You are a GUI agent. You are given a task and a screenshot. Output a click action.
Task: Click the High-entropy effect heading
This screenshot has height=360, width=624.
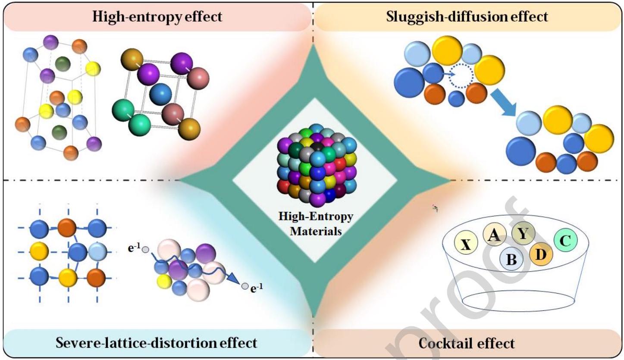click(x=157, y=17)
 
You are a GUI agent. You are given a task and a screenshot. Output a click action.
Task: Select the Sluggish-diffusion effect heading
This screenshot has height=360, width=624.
click(x=467, y=17)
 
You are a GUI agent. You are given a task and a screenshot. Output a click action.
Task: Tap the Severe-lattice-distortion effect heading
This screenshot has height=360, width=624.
click(x=157, y=342)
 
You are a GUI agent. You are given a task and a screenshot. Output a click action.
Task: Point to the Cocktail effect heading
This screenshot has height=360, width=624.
click(x=467, y=344)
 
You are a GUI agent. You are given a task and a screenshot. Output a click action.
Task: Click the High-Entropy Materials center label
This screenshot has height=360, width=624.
click(x=316, y=223)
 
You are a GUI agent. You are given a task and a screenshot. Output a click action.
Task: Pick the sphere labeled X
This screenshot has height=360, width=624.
click(x=466, y=244)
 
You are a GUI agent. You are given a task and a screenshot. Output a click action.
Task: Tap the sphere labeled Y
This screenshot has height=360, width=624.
click(x=523, y=234)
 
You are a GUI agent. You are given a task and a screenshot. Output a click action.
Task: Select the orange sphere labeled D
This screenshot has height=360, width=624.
click(x=540, y=254)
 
